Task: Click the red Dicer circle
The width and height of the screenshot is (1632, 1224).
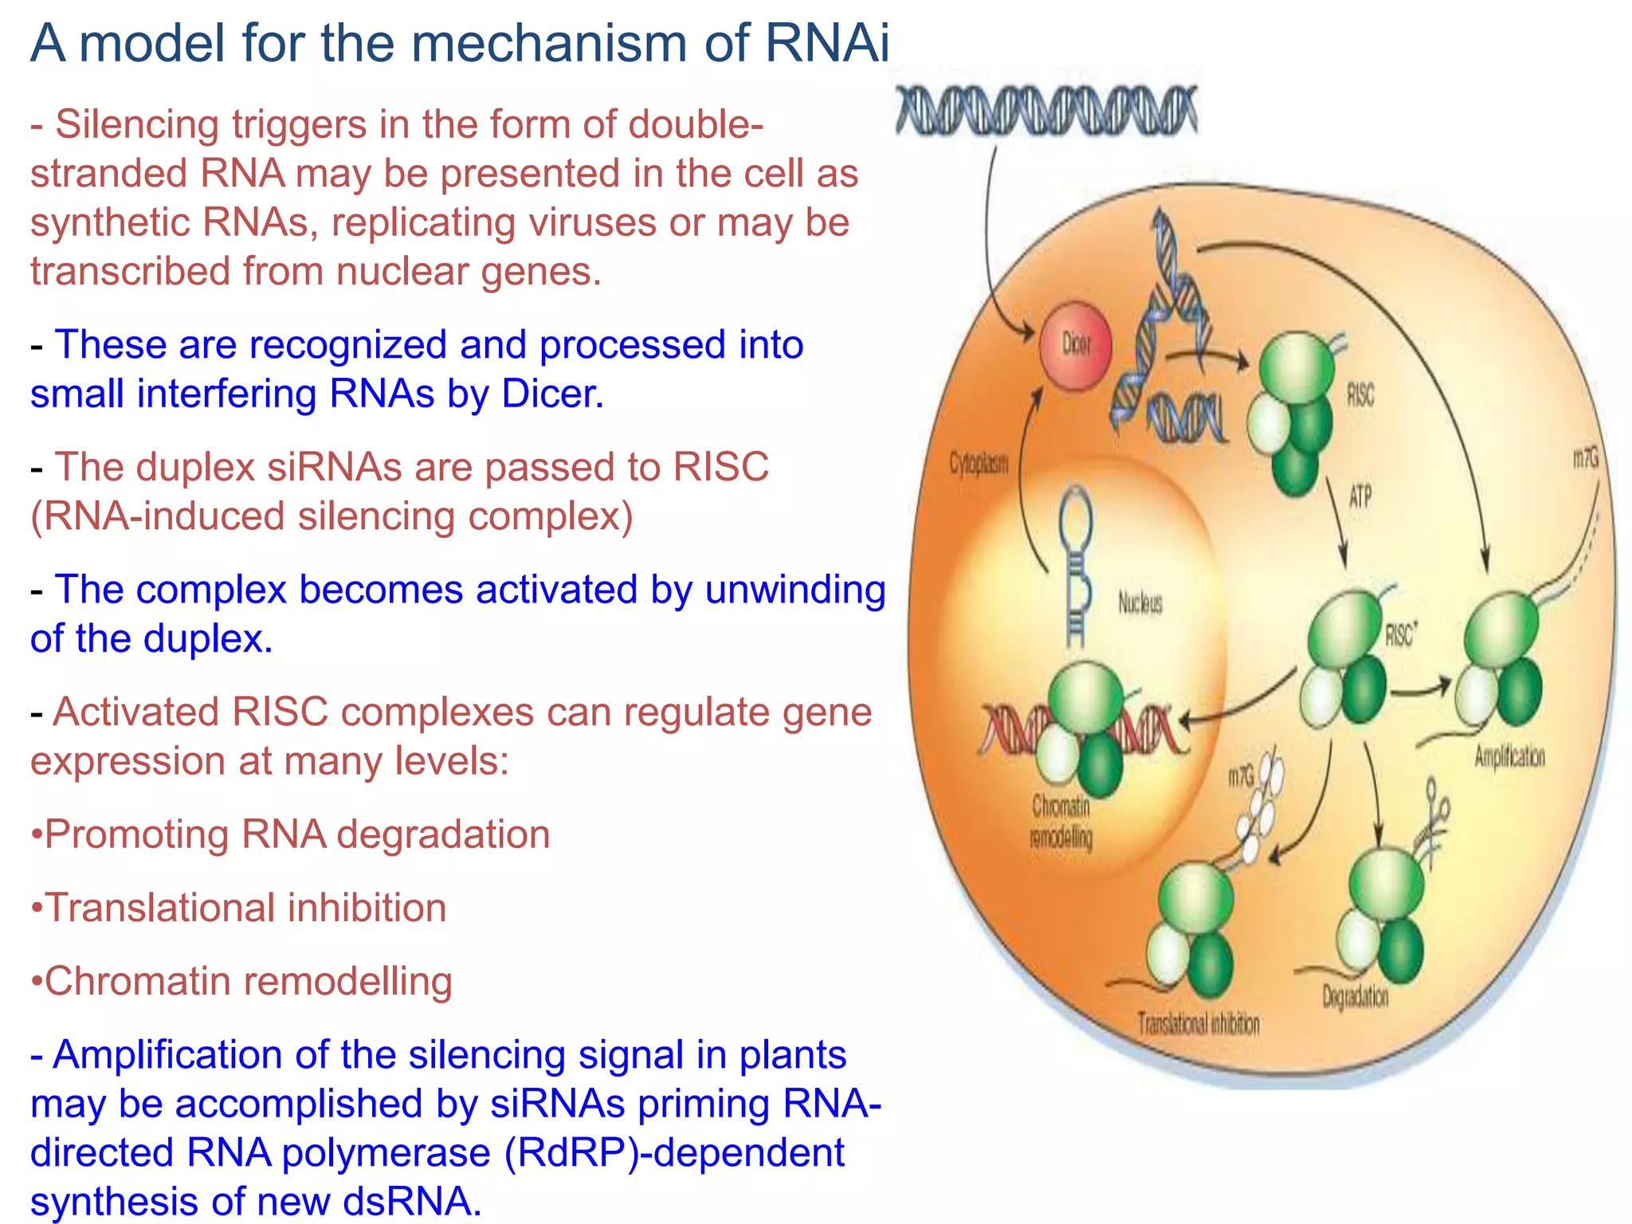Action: coord(1075,346)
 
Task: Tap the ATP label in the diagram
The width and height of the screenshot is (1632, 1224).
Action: coord(1360,497)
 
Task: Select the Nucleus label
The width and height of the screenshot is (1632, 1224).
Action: coord(1140,602)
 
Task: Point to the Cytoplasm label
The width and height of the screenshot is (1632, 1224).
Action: coord(979,464)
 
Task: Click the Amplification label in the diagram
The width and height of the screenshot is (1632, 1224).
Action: coord(1509,756)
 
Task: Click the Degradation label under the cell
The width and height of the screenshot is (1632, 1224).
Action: coord(1355,996)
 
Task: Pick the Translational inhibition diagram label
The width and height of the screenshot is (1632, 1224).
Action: coord(1198,1024)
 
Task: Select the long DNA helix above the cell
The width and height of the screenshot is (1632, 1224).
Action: coord(1045,110)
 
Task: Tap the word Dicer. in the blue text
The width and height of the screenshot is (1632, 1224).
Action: coord(552,394)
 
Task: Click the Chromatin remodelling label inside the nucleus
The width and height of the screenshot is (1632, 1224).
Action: coord(1061,822)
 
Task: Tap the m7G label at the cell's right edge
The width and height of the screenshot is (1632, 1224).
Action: coord(1585,458)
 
